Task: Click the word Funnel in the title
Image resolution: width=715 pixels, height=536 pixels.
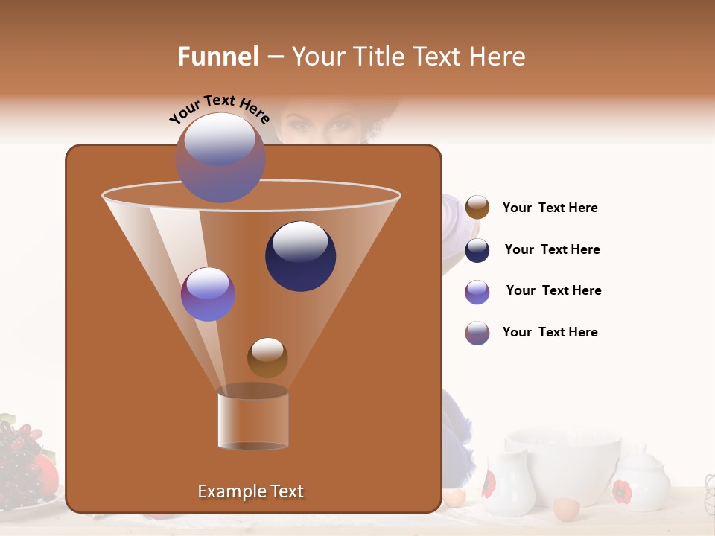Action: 218,57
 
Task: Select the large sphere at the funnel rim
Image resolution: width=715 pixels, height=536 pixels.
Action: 220,158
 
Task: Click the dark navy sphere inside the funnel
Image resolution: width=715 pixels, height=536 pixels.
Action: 300,256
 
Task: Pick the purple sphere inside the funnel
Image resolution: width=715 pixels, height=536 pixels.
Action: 208,294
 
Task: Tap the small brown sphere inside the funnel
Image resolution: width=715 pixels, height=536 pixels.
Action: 267,358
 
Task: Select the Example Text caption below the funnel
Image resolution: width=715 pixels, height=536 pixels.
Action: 250,491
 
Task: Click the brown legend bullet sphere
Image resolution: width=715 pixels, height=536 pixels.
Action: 477,208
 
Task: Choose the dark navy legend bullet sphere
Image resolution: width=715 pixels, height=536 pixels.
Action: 477,250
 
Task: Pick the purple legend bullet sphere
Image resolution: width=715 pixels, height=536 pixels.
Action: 477,292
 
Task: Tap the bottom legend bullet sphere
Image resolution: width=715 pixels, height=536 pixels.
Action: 477,333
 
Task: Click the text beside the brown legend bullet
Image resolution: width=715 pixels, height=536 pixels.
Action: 550,208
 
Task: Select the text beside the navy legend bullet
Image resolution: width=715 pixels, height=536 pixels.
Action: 552,249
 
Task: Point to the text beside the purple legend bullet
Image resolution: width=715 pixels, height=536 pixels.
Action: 553,290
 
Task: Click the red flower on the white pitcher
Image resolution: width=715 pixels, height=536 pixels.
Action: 489,485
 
